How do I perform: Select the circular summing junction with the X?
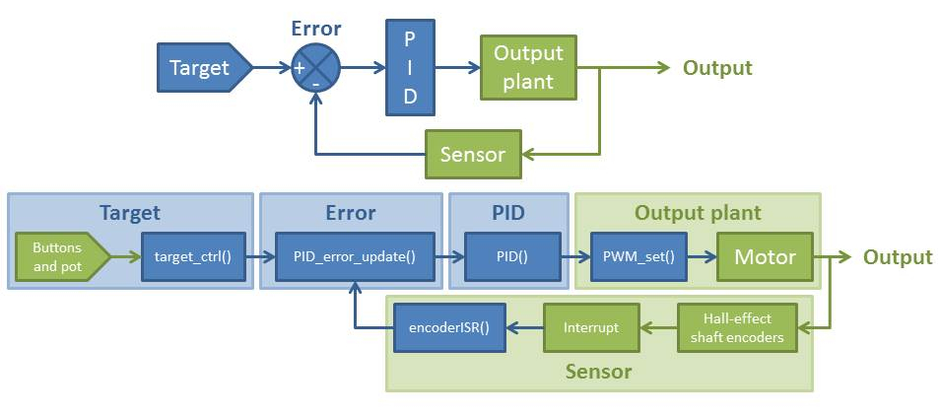[x=316, y=69]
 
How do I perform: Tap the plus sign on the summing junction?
[x=300, y=68]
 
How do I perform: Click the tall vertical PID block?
[x=411, y=68]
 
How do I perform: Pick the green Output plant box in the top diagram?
[x=527, y=68]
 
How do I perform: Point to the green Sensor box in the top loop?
[x=473, y=154]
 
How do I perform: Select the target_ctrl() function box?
[x=192, y=257]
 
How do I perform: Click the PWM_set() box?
[x=638, y=257]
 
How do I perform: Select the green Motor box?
[x=765, y=257]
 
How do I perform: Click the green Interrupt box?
[x=591, y=327]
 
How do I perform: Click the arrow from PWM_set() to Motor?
[x=701, y=257]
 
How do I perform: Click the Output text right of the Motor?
[x=898, y=257]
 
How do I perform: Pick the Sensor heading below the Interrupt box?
[x=599, y=372]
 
